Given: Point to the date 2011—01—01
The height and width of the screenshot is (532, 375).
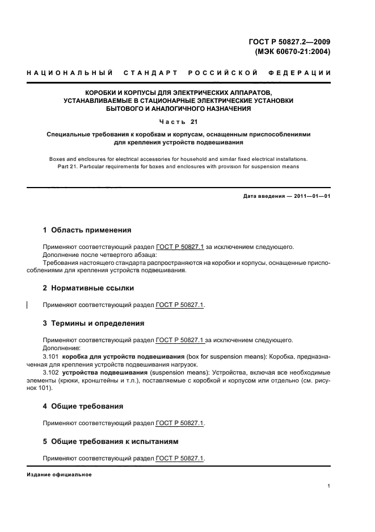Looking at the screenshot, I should [310, 197].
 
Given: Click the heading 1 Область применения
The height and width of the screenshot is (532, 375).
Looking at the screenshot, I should [87, 230].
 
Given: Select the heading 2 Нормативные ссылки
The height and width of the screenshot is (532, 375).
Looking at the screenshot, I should [89, 288].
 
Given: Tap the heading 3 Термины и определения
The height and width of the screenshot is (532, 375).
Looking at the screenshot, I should [94, 323].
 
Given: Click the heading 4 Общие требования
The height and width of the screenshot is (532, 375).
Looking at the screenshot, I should [83, 406].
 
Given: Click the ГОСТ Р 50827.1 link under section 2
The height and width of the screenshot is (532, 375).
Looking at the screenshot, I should [179, 305].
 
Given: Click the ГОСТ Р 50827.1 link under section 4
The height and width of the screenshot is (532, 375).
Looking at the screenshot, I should [179, 423].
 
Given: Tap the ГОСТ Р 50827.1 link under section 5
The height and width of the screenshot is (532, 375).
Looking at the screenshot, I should [179, 458].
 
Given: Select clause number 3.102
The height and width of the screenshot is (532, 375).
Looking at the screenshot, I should [52, 372].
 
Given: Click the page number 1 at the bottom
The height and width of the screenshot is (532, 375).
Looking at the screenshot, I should [329, 486].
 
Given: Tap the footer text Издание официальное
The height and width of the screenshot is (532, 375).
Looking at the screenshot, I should [60, 475].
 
